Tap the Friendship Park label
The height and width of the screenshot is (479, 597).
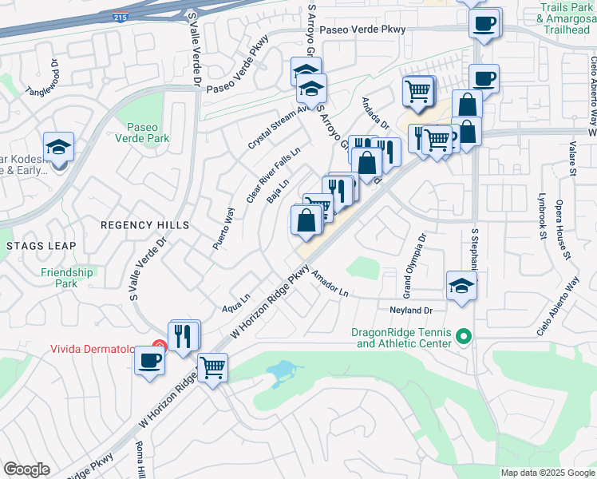coord(67,278)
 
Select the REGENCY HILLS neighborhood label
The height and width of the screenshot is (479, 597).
coord(144,225)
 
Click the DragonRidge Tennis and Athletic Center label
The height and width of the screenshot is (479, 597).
coord(405,338)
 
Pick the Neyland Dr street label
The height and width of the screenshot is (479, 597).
coord(411,310)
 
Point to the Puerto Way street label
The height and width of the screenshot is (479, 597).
coord(226,228)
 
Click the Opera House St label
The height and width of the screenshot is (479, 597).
coord(563,230)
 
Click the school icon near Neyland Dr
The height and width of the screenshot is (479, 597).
coord(461,284)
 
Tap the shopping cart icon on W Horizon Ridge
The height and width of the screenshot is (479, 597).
coord(212,368)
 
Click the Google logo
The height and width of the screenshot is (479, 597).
coord(26,469)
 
